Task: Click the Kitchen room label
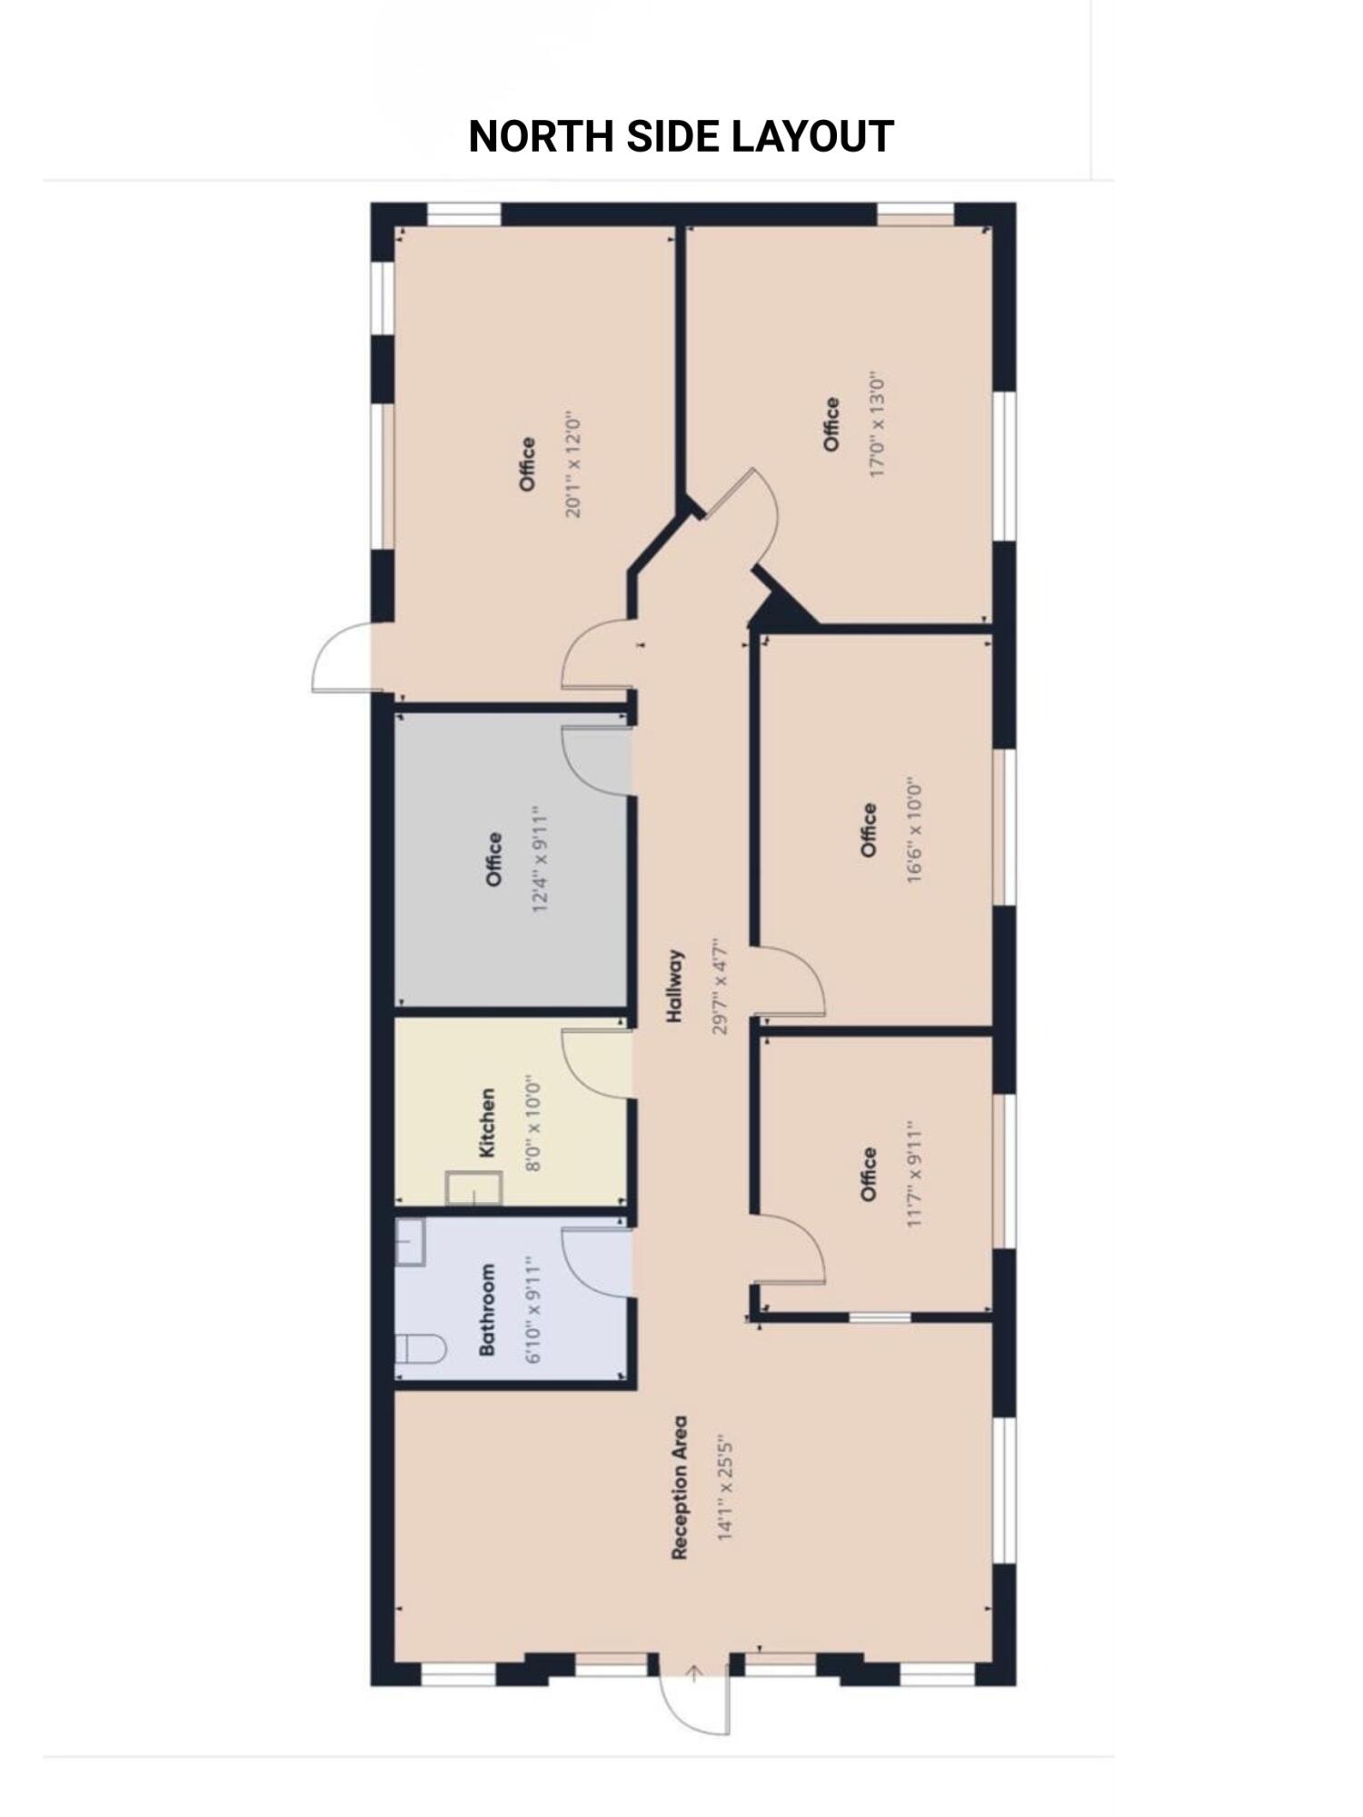click(488, 1123)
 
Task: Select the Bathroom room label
click(488, 1309)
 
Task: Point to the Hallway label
click(674, 987)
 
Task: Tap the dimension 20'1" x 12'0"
click(573, 464)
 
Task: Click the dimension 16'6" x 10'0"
click(914, 831)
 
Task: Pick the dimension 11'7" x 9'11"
click(914, 1174)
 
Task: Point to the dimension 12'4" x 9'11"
click(541, 859)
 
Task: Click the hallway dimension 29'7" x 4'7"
click(721, 987)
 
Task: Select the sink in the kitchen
click(473, 1188)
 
